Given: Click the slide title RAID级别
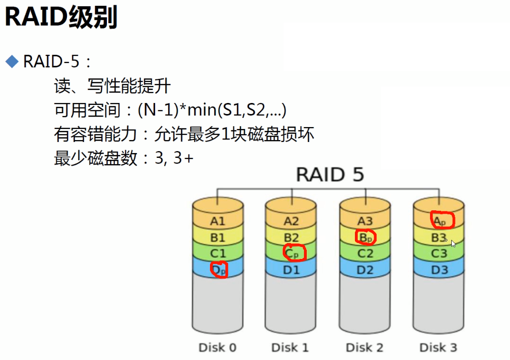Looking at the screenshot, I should (x=61, y=18).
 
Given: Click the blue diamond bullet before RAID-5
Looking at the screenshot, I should (x=11, y=61).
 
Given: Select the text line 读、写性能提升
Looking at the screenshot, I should (x=112, y=87).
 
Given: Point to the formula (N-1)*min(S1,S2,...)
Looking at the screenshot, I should (x=212, y=111).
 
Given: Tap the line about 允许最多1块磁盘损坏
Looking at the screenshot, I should (x=234, y=134).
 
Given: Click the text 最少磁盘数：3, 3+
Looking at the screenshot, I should (x=123, y=158).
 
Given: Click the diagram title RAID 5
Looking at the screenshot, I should (x=330, y=174).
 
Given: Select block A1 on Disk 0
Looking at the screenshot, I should (x=218, y=221).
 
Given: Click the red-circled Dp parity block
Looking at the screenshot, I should (x=219, y=270).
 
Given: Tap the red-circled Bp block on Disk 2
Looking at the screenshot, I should (x=366, y=237).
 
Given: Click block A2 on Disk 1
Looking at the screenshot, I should (x=291, y=221).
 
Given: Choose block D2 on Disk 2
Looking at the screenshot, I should (x=365, y=270).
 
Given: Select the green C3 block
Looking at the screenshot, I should (x=439, y=254).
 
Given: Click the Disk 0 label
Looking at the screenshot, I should (x=217, y=347).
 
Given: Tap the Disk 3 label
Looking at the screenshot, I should (x=439, y=347).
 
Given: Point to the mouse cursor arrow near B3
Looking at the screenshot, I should (x=453, y=244).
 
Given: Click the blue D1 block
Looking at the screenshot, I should (x=291, y=270).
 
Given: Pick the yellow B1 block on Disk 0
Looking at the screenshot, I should (x=218, y=237).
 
